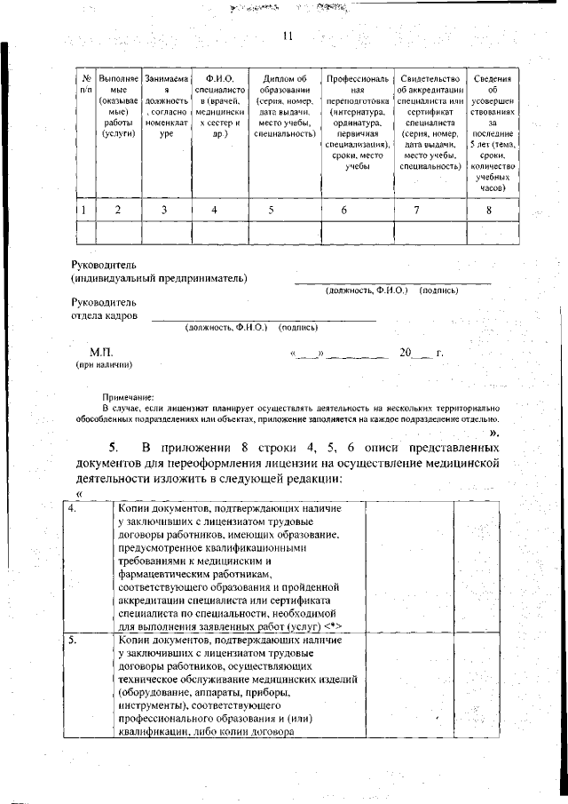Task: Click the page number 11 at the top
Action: coord(287,36)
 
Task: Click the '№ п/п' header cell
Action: coord(85,84)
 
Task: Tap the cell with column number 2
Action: coord(117,210)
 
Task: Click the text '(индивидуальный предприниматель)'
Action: coord(159,278)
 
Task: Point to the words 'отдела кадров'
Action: coord(105,315)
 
